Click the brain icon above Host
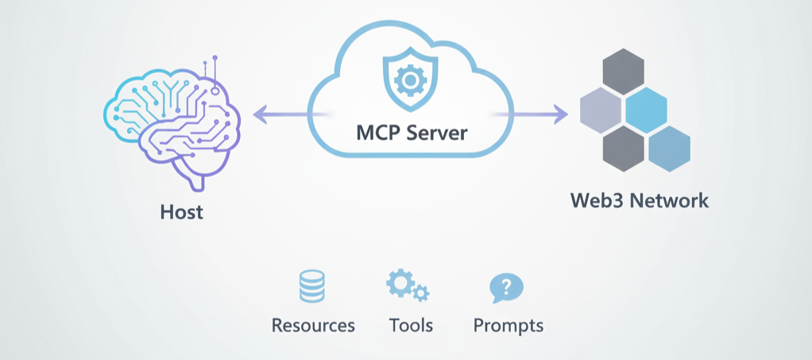pos(171,127)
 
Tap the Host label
pos(181,212)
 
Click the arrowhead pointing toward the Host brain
pos(259,117)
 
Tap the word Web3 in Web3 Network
pos(596,199)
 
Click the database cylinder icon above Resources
pos(311,286)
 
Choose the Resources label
pos(313,325)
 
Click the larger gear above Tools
pos(399,283)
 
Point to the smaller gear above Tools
pos(421,293)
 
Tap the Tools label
pos(411,325)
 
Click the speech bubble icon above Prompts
pos(506,288)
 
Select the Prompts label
pos(508,326)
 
